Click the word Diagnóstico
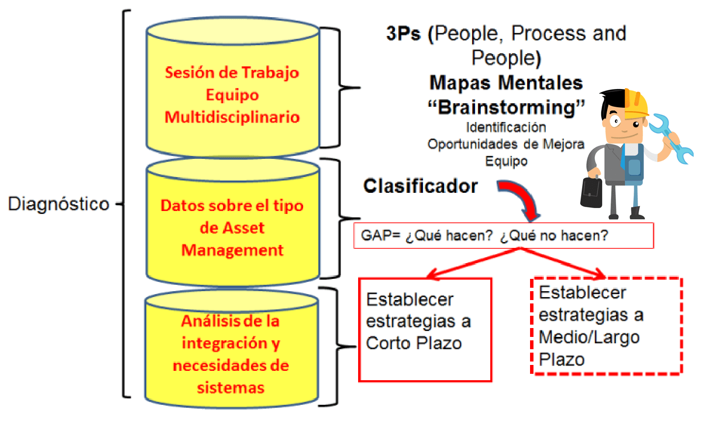tap(58, 204)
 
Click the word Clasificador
tap(420, 186)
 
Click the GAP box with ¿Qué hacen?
tap(503, 236)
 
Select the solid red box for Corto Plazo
tap(425, 330)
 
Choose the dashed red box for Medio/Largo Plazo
tap(607, 326)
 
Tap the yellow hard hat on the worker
tap(636, 103)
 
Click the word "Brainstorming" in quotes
tap(506, 107)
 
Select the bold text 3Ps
tap(403, 33)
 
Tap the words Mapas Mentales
tap(506, 83)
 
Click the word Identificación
tap(506, 127)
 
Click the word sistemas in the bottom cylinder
tap(231, 388)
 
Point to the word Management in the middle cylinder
tap(232, 250)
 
